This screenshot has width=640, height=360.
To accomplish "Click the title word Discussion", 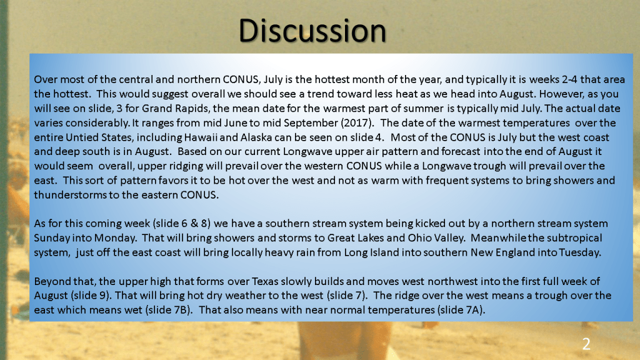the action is pyautogui.click(x=312, y=31).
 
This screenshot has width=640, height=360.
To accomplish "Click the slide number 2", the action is pyautogui.click(x=586, y=344).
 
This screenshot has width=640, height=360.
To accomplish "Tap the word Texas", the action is pyautogui.click(x=264, y=281).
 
